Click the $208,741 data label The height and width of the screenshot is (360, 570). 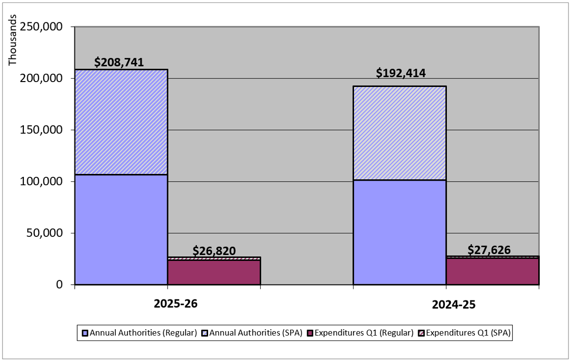pyautogui.click(x=119, y=62)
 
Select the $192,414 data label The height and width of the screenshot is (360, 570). pyautogui.click(x=401, y=73)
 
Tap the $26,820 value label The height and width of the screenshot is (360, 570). pyautogui.click(x=214, y=251)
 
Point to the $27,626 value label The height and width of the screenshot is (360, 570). pyautogui.click(x=489, y=250)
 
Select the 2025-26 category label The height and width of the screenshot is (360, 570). pyautogui.click(x=176, y=303)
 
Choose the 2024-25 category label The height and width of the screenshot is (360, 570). pyautogui.click(x=454, y=305)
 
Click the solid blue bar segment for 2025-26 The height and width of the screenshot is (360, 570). pyautogui.click(x=121, y=229)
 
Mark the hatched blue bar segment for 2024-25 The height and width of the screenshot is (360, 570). pyautogui.click(x=400, y=133)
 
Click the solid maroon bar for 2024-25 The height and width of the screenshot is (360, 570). pyautogui.click(x=492, y=271)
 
